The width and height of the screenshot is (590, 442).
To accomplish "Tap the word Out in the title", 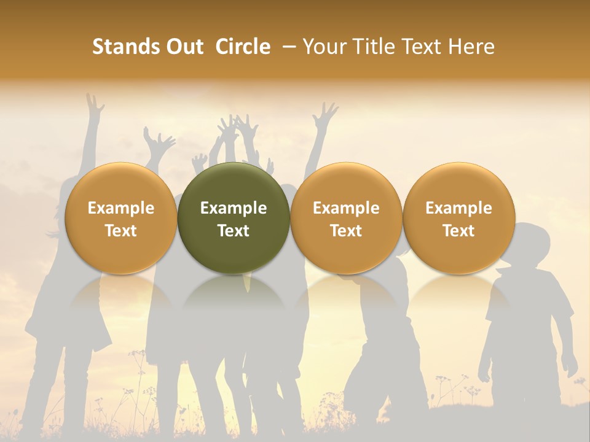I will pos(183,47).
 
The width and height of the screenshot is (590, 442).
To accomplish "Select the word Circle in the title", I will pos(243,47).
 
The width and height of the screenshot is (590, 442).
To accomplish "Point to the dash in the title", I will pos(286,47).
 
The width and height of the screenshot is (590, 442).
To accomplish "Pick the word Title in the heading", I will pos(374,47).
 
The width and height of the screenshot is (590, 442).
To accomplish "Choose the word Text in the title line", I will pos(423,47).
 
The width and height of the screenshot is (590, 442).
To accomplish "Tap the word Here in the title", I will pos(473,47).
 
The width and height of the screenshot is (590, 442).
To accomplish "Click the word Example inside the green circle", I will pos(234,208).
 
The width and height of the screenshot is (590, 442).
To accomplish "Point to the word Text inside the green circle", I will pos(234,231).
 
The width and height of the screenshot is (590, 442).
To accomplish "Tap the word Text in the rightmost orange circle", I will pos(458,231).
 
